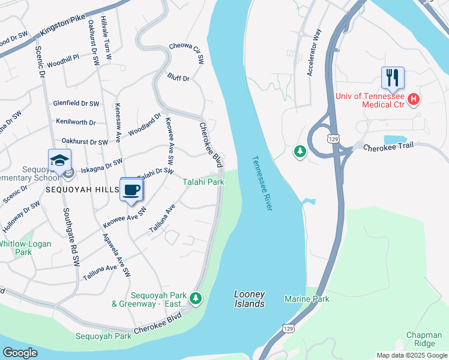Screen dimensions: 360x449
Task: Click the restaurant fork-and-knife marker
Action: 393,77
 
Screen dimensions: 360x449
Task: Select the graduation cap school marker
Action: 60,160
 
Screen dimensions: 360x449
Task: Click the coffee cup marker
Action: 131,190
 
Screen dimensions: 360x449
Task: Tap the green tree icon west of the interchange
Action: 300,152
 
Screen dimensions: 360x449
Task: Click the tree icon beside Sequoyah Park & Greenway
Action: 195,298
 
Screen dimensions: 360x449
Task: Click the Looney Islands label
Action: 249,299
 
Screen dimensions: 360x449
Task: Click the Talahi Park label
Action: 203,181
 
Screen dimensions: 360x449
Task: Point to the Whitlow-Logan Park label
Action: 25,248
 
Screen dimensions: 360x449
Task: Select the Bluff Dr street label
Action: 178,78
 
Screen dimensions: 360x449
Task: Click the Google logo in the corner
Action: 20,353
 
